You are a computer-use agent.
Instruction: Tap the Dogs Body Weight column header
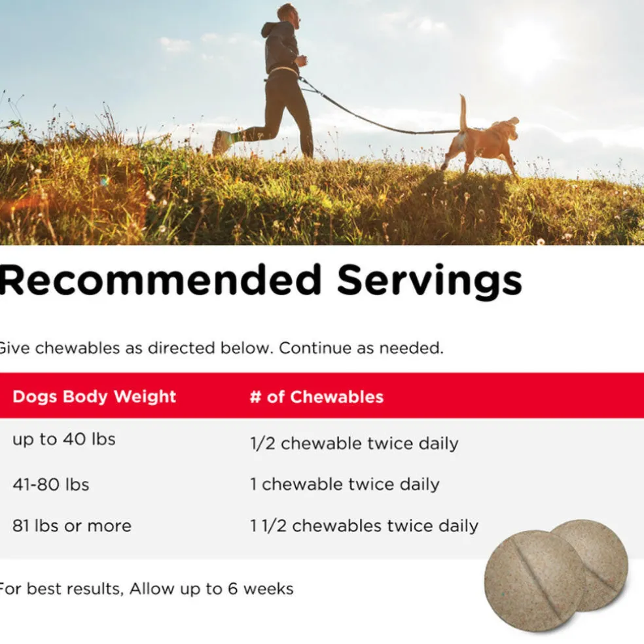(94, 397)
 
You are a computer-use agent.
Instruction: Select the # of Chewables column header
(317, 397)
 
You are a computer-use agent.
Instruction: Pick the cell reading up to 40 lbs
(64, 439)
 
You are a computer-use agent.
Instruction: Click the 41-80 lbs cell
(51, 485)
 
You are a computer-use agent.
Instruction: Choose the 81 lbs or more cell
(72, 526)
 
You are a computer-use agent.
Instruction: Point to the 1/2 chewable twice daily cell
(354, 444)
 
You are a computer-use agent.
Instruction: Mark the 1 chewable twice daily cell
(345, 484)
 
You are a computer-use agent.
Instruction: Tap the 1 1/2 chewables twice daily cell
(365, 526)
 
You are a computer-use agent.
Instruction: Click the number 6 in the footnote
(233, 589)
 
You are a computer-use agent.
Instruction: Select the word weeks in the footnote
(268, 589)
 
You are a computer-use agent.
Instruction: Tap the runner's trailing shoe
(221, 142)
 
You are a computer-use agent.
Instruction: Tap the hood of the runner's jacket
(270, 29)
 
